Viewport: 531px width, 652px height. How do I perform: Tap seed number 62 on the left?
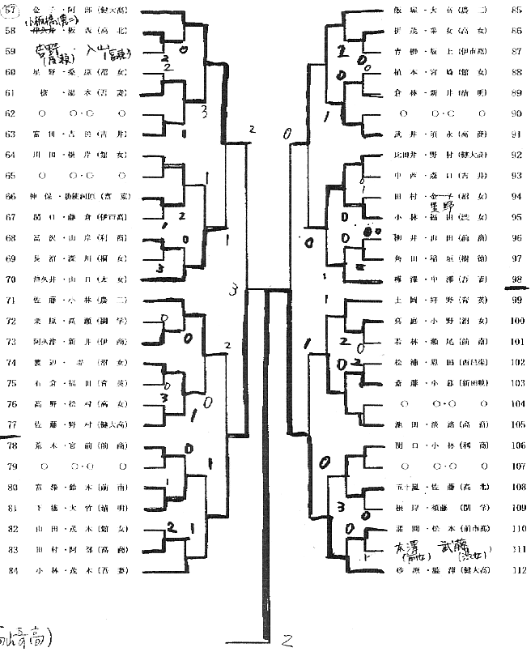click(11, 113)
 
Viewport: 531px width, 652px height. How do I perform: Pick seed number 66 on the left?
click(11, 196)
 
